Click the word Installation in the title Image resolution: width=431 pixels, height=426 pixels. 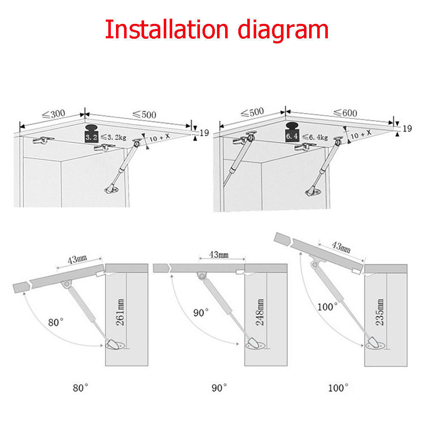click(x=167, y=29)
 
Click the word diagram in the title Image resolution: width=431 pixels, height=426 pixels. click(x=283, y=31)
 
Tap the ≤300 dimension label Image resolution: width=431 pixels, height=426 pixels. click(x=54, y=114)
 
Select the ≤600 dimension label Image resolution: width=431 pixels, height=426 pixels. click(x=345, y=113)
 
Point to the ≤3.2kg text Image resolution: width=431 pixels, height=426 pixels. click(x=113, y=137)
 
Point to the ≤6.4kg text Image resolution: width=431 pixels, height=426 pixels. click(x=315, y=137)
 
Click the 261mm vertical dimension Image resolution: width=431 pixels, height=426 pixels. click(x=120, y=312)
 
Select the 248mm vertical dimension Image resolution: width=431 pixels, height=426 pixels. click(x=260, y=312)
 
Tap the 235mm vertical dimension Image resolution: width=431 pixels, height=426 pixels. click(x=379, y=312)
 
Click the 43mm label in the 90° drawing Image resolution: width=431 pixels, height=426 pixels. click(x=219, y=255)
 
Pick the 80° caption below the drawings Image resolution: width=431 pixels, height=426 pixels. click(x=81, y=388)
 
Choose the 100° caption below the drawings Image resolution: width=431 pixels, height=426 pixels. click(x=338, y=388)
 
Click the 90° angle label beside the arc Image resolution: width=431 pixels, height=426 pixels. click(x=201, y=313)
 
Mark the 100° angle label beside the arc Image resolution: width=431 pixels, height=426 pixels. click(x=327, y=306)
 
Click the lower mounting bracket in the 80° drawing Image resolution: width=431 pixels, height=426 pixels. click(x=116, y=344)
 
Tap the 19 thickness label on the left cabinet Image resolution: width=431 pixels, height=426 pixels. click(x=204, y=133)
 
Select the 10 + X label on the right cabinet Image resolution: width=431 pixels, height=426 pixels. click(x=361, y=134)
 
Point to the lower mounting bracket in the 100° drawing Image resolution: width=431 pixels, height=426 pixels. click(x=375, y=343)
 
